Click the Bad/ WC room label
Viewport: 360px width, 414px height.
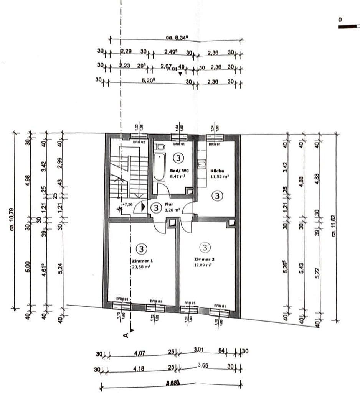[178, 171]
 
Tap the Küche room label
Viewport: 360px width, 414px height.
[218, 171]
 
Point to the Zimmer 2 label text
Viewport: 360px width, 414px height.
[204, 260]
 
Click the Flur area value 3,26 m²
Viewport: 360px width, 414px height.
[172, 210]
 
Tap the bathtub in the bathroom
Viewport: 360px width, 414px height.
[158, 167]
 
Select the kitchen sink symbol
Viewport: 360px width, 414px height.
[201, 165]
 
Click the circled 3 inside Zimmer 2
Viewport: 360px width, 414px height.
[206, 248]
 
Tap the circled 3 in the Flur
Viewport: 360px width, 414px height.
[156, 208]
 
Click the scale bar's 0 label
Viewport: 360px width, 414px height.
[340, 19]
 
